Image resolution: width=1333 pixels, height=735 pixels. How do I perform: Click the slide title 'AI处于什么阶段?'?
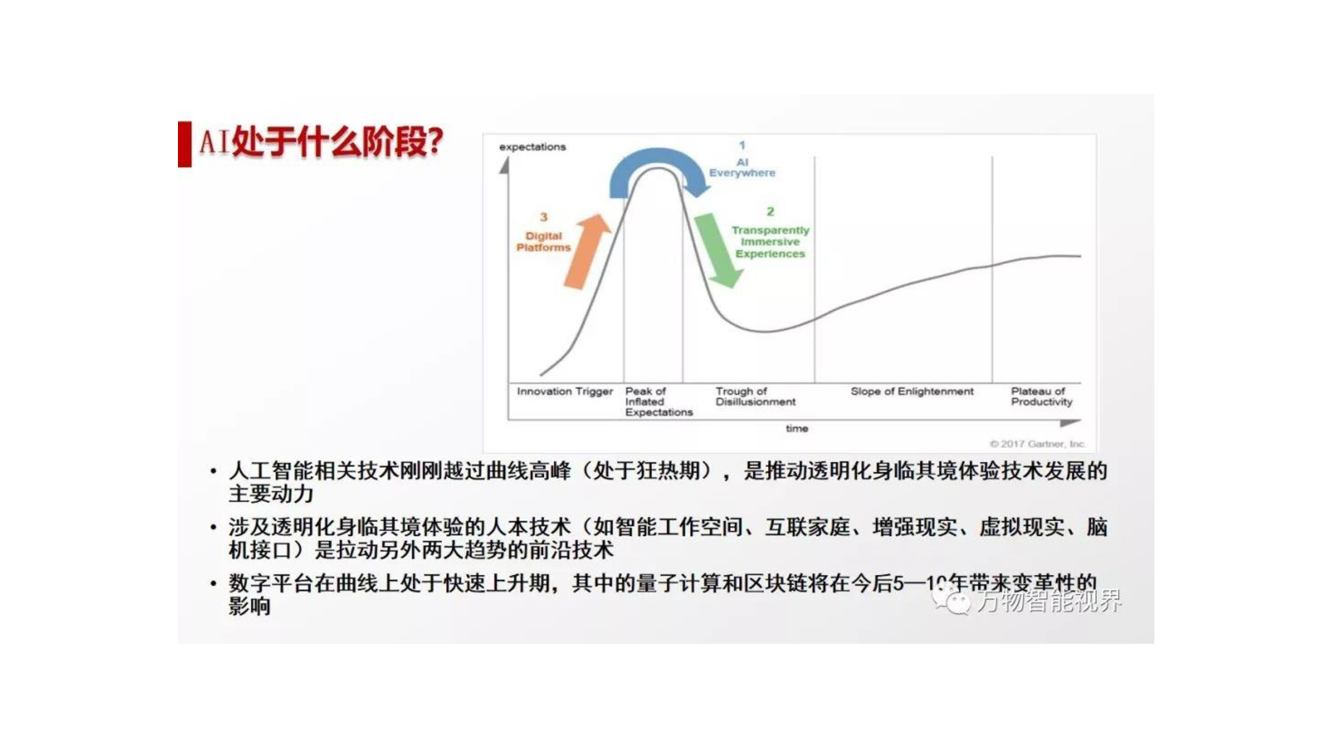[320, 142]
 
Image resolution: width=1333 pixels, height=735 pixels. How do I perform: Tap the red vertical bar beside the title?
[184, 144]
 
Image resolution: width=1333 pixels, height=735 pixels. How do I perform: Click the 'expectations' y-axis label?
[532, 147]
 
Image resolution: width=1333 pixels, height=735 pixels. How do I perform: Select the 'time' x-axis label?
[796, 428]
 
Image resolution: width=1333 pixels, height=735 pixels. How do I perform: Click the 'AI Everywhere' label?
[742, 168]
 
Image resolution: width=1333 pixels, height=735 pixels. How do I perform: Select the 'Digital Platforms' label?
[543, 242]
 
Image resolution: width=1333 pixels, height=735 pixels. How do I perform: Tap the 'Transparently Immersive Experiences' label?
[770, 242]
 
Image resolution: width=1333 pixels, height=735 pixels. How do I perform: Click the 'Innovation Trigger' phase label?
[564, 391]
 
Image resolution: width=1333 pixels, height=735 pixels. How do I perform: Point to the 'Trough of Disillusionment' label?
[754, 396]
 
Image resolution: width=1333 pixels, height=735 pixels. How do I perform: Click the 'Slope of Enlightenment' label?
[911, 391]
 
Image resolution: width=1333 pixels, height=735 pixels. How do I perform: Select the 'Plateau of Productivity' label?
[1041, 396]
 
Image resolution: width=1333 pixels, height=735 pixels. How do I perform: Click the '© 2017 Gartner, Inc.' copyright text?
[1037, 443]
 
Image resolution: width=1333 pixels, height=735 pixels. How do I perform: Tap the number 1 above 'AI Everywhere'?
[742, 145]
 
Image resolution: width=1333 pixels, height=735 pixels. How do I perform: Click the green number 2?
[770, 211]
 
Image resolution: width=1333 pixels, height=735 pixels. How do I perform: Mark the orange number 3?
[544, 217]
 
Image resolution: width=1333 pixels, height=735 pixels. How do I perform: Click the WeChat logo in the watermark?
[951, 599]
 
